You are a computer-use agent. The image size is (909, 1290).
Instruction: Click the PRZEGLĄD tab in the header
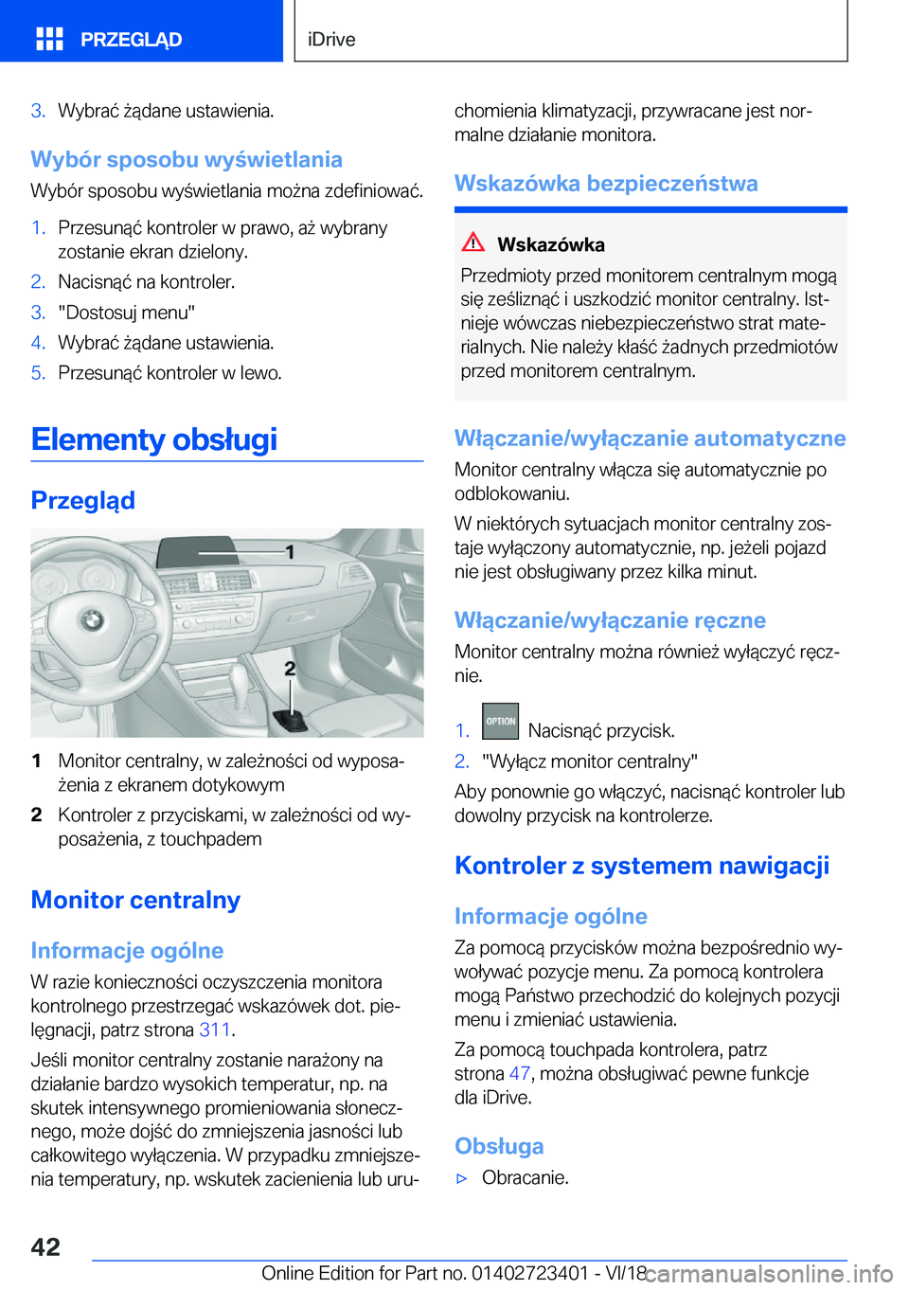[x=131, y=40]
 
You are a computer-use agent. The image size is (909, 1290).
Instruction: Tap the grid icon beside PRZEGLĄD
[x=49, y=39]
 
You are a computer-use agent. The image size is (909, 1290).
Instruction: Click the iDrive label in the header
[x=331, y=40]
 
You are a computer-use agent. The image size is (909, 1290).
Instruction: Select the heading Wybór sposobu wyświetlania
[x=187, y=159]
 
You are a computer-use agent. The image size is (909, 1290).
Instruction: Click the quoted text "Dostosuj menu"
[x=126, y=313]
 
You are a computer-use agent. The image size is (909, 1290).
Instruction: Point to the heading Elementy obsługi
[x=154, y=439]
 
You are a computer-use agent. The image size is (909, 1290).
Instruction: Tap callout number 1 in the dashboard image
[x=290, y=551]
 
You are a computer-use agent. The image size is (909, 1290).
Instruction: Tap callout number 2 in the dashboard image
[x=290, y=669]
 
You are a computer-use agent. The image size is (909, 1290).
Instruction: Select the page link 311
[x=215, y=1030]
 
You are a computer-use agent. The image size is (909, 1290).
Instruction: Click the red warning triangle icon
[x=473, y=242]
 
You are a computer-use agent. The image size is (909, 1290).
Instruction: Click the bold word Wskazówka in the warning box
[x=551, y=244]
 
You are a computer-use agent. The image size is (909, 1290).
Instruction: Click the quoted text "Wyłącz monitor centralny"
[x=590, y=761]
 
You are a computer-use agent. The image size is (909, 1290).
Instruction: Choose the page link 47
[x=520, y=1073]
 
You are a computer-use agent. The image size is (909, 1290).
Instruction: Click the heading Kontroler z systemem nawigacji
[x=642, y=866]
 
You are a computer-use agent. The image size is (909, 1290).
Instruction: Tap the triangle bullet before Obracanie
[x=463, y=1178]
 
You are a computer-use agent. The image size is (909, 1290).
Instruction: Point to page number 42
[x=45, y=1246]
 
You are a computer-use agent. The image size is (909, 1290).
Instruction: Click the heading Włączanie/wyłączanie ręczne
[x=610, y=620]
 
